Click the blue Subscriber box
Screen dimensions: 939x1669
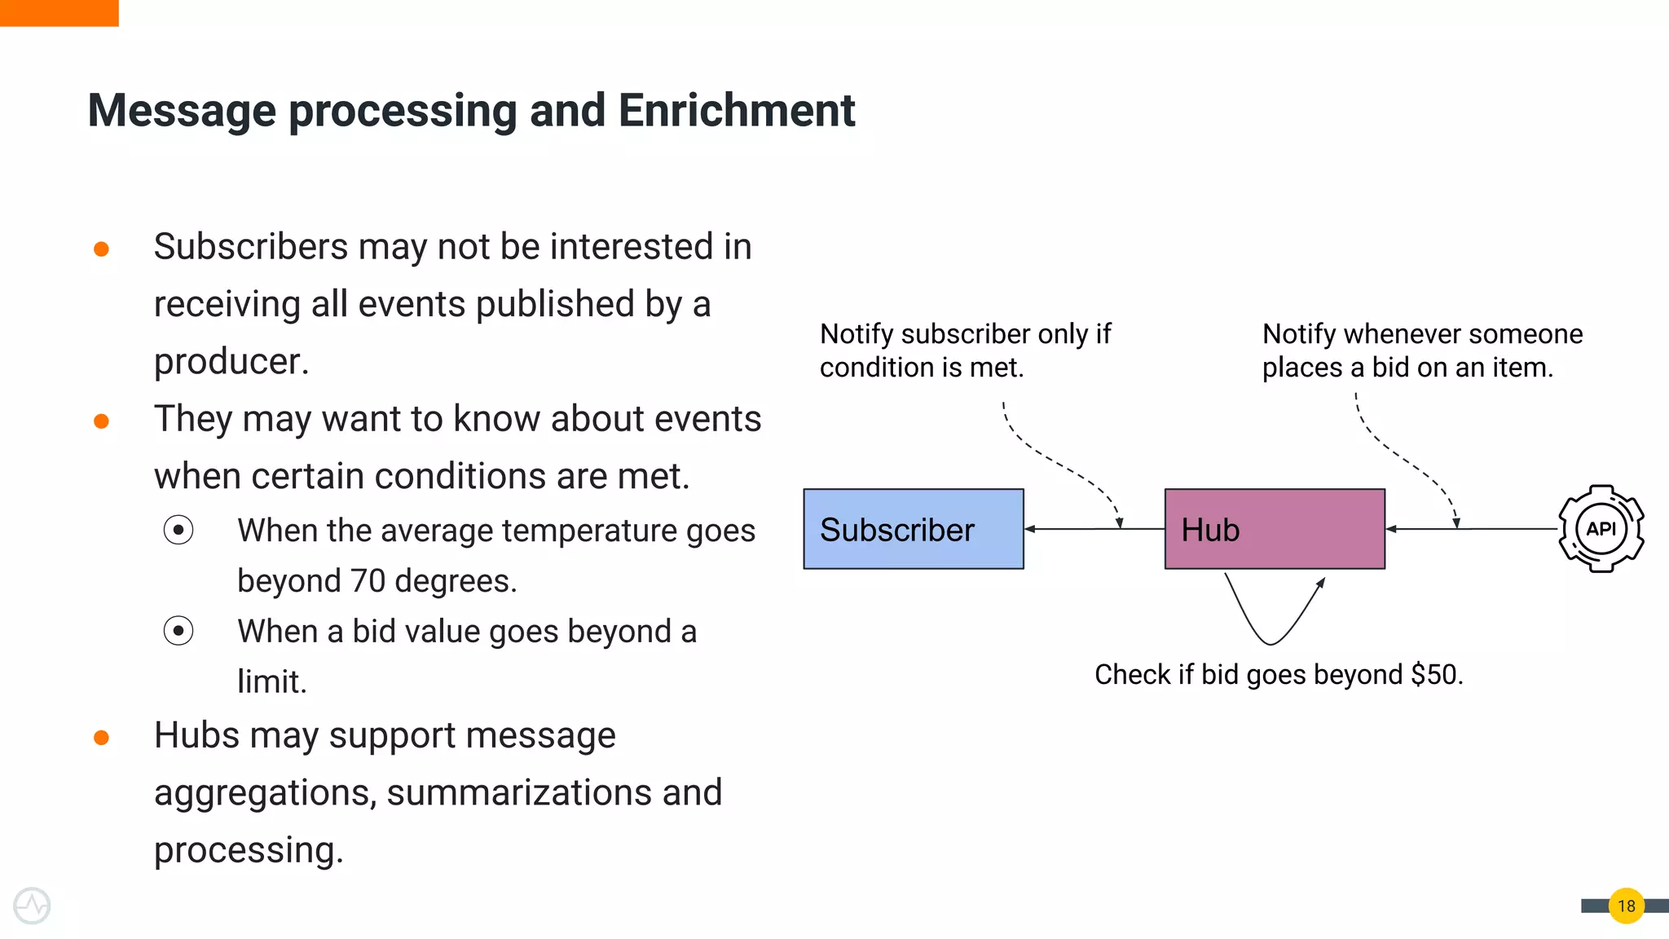tap(913, 529)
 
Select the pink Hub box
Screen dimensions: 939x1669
tap(1275, 529)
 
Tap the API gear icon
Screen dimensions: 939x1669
tap(1601, 529)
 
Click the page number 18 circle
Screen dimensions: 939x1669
tap(1626, 906)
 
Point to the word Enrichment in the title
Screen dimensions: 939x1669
tap(736, 110)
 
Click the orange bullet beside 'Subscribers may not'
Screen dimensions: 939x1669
tap(101, 249)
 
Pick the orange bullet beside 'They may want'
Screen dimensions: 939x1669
tap(101, 421)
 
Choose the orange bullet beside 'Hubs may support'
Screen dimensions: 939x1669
tap(101, 738)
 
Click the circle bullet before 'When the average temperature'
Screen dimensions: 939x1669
tap(178, 531)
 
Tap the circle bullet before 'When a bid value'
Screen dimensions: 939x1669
tap(178, 631)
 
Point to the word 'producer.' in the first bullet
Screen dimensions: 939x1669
tap(231, 362)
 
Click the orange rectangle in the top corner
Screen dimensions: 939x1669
tap(59, 12)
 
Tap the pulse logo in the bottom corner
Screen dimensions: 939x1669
tap(32, 906)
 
